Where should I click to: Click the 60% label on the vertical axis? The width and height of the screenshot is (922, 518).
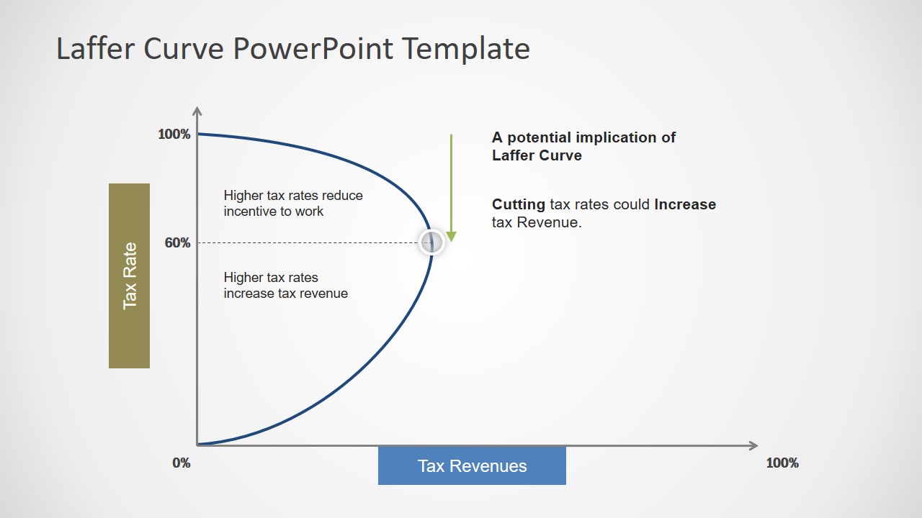click(x=177, y=242)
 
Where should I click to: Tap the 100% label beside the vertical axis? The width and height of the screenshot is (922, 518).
click(x=174, y=135)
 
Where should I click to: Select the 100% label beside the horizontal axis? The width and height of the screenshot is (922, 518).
click(x=782, y=463)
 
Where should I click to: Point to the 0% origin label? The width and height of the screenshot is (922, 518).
click(x=182, y=463)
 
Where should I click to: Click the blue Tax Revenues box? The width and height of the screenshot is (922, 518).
click(x=472, y=465)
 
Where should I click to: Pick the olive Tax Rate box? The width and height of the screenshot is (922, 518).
click(x=130, y=276)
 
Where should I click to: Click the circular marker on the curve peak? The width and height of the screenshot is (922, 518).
click(x=431, y=242)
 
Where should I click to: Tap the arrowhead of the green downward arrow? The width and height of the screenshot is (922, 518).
click(x=452, y=237)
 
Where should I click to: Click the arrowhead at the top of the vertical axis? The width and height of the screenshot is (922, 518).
click(x=197, y=111)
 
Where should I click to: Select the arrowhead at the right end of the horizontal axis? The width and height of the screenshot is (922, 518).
click(x=753, y=445)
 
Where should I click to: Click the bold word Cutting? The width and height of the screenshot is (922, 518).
click(x=518, y=204)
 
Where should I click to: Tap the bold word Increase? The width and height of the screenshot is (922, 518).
click(x=685, y=204)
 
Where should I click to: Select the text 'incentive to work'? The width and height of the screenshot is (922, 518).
click(x=274, y=212)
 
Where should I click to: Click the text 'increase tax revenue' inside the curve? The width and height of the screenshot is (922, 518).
click(x=285, y=294)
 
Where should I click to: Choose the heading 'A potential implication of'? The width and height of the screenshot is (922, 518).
click(x=583, y=137)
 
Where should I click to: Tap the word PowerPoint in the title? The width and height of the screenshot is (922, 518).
click(x=313, y=49)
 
